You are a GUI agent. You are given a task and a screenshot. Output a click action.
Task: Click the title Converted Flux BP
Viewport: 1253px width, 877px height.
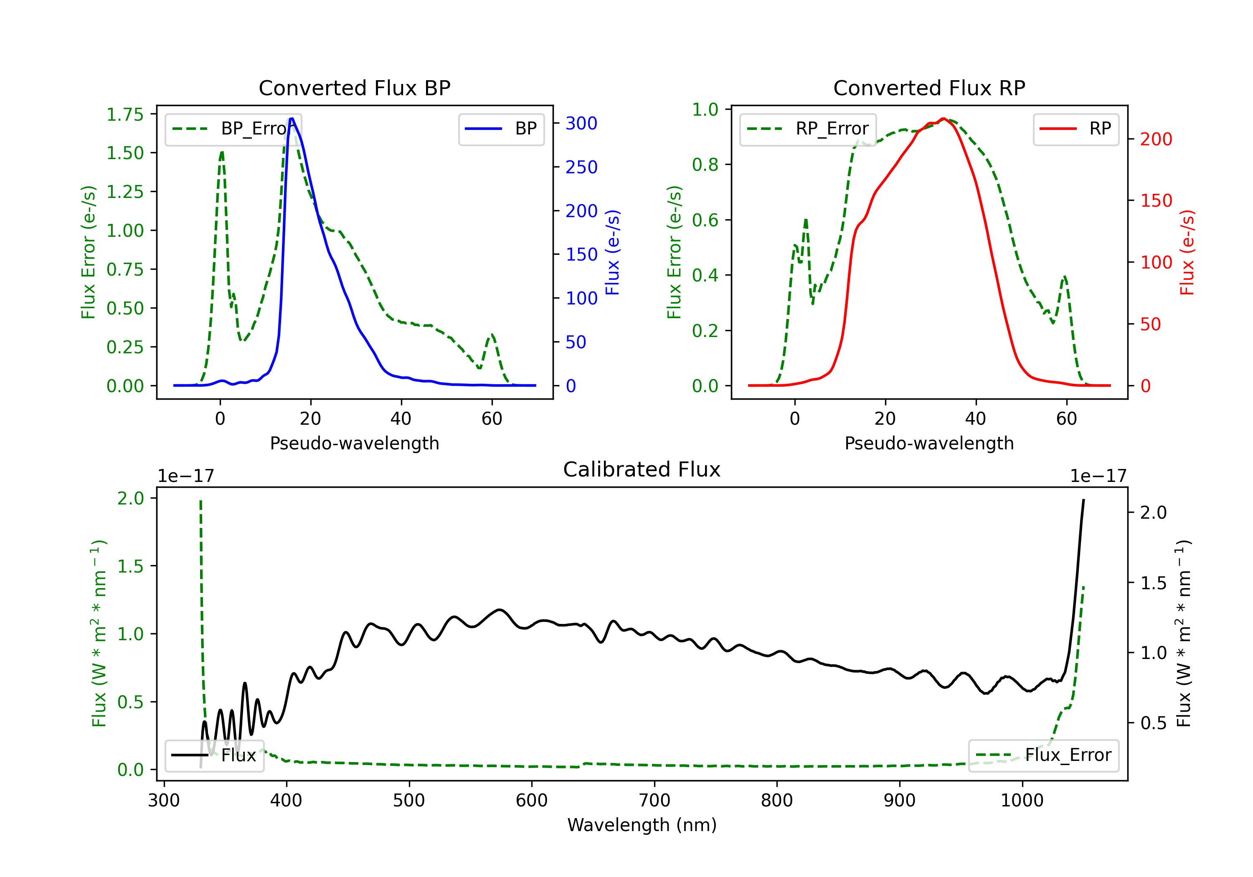coord(354,88)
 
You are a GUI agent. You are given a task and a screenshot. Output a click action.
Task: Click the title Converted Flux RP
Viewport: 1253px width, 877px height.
coord(929,88)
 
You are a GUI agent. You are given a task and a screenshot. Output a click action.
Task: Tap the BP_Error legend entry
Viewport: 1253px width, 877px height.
coord(233,129)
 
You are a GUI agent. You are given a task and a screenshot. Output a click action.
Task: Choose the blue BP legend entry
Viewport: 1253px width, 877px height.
coord(501,129)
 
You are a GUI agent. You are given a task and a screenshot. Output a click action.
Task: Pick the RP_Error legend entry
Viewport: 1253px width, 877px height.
coord(808,129)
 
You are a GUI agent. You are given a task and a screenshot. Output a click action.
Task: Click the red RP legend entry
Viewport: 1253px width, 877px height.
coord(1075,129)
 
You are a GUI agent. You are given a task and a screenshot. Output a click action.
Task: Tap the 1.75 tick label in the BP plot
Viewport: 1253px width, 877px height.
coord(125,114)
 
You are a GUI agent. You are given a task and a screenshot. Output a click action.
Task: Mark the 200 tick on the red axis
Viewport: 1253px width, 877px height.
coord(1156,139)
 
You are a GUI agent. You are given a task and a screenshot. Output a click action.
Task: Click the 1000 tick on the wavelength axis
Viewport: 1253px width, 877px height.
coord(1022,801)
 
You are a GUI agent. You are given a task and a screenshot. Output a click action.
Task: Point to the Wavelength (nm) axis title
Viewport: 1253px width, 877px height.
coord(642,825)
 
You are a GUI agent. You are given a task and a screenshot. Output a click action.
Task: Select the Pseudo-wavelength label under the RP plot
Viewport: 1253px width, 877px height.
coord(929,443)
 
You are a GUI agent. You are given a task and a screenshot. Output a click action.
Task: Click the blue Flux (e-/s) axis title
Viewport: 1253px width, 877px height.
coord(612,252)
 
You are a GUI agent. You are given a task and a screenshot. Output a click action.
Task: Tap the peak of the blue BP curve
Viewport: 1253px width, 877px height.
coord(292,119)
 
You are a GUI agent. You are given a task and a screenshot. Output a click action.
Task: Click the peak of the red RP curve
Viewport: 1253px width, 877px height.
coord(943,119)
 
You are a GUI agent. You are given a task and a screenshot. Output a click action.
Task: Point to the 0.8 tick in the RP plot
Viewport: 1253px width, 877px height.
coord(705,165)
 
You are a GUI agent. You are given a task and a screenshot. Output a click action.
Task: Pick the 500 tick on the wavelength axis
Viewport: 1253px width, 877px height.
coord(409,801)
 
